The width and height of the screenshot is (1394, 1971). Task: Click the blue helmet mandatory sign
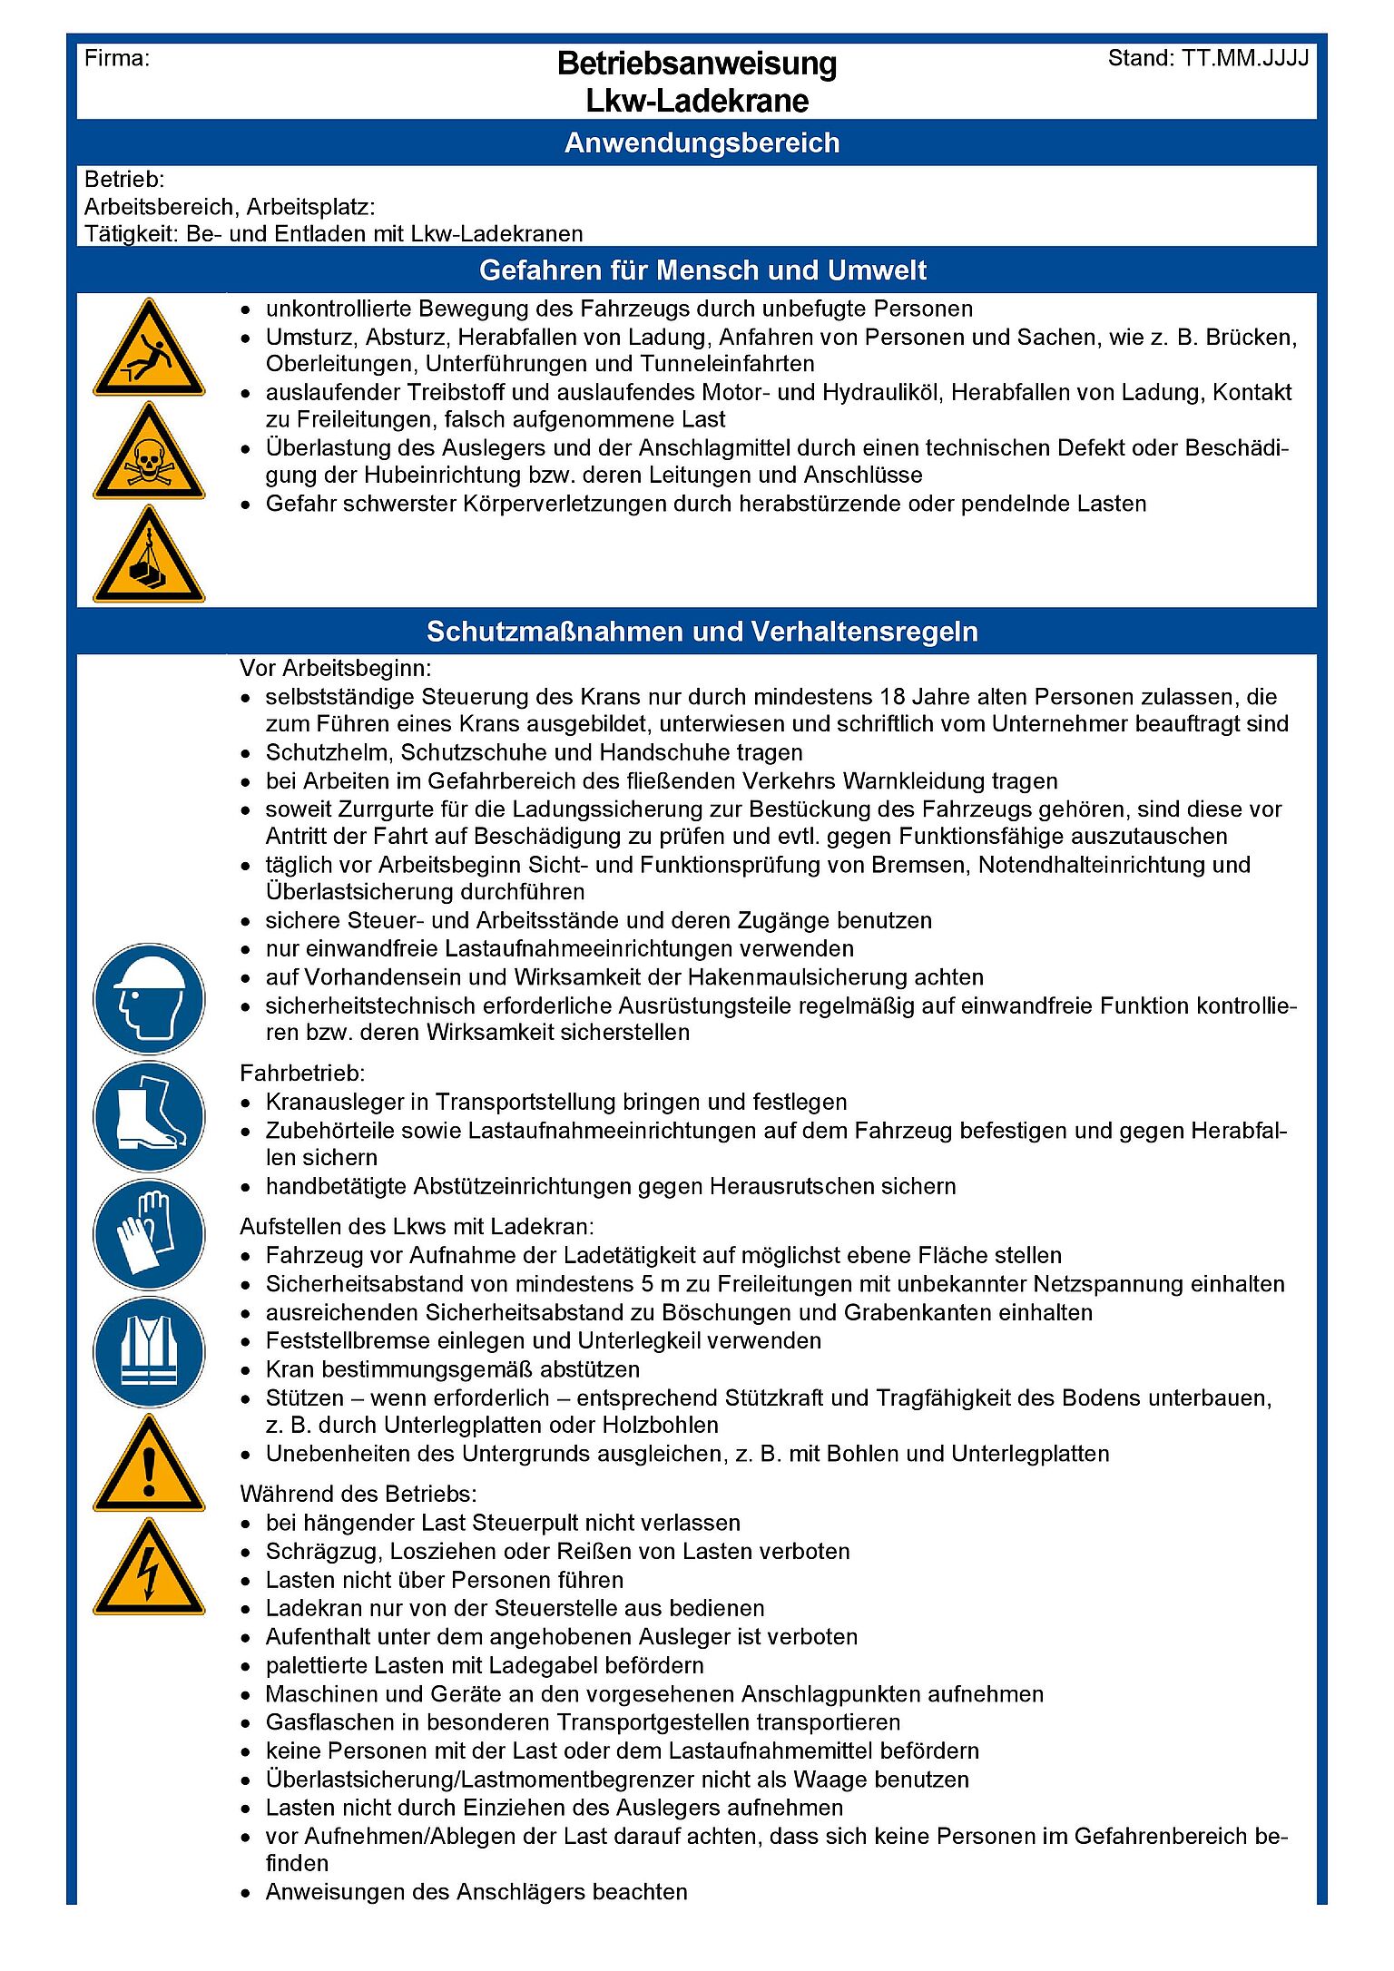pyautogui.click(x=149, y=998)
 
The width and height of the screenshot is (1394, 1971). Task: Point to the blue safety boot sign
pyautogui.click(x=149, y=1116)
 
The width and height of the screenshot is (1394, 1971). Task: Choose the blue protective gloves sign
pyautogui.click(x=149, y=1234)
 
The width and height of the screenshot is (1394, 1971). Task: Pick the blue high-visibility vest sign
pyautogui.click(x=149, y=1352)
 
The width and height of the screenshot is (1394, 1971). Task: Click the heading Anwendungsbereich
pyautogui.click(x=702, y=143)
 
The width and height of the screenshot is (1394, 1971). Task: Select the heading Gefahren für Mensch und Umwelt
pyautogui.click(x=702, y=270)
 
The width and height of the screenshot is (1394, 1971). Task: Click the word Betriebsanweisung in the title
pyautogui.click(x=697, y=64)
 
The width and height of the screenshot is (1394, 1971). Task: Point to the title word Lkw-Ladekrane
pyautogui.click(x=697, y=101)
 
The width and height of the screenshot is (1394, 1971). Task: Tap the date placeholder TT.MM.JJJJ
pyautogui.click(x=1245, y=59)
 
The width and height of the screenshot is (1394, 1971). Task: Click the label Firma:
pyautogui.click(x=117, y=59)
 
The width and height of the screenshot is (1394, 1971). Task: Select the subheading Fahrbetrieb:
pyautogui.click(x=302, y=1074)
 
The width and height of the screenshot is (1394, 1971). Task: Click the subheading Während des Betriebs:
pyautogui.click(x=358, y=1495)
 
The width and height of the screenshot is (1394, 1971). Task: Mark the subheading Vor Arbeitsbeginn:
pyautogui.click(x=336, y=669)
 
